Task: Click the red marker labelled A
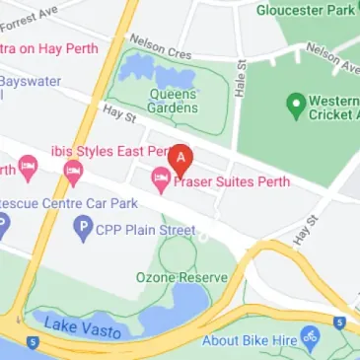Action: pos(180,159)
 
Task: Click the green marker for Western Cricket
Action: pos(294,103)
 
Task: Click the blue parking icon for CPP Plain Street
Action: pos(83,229)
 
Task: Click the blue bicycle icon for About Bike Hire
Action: pos(310,339)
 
